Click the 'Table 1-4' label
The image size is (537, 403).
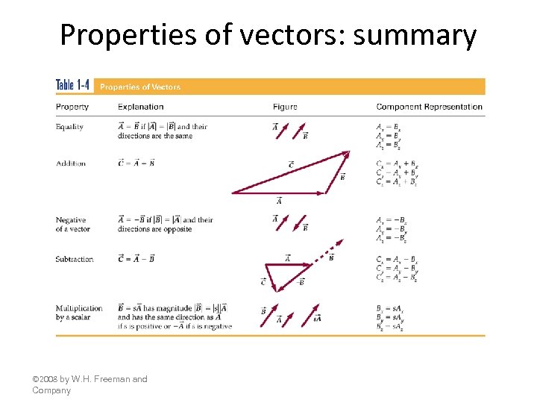click(x=73, y=86)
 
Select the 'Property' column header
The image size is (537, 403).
click(x=72, y=107)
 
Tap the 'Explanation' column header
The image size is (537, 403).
click(x=141, y=107)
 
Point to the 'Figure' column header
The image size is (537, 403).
click(x=285, y=107)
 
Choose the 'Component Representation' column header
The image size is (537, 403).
click(x=429, y=107)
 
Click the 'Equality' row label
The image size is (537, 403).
click(x=69, y=127)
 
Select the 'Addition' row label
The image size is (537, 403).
click(x=71, y=163)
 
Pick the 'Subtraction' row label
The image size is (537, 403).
click(x=75, y=259)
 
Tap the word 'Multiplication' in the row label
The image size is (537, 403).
click(x=79, y=308)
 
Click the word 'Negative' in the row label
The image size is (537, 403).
click(x=71, y=220)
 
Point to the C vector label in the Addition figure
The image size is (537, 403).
click(x=290, y=164)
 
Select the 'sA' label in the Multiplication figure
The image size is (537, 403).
click(x=317, y=319)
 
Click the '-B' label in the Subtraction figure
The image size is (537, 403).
click(x=300, y=282)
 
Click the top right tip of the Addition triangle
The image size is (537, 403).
click(x=348, y=152)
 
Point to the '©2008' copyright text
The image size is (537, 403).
click(x=44, y=379)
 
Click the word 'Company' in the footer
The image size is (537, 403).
click(x=51, y=390)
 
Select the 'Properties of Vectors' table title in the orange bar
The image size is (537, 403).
click(x=140, y=87)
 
